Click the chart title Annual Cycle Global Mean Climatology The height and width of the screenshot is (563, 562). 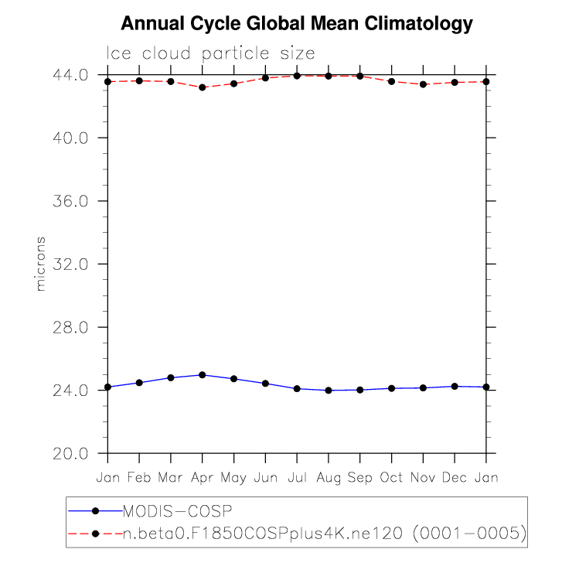click(x=297, y=24)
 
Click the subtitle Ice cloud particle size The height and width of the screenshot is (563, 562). click(x=210, y=53)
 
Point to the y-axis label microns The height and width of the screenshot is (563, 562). click(x=41, y=264)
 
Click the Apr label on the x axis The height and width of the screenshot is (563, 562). click(x=203, y=478)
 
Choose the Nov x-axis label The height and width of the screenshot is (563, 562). click(x=423, y=478)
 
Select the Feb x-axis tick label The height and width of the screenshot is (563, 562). click(x=139, y=478)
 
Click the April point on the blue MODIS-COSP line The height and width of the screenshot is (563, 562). click(x=203, y=375)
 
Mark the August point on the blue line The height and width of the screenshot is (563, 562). click(x=329, y=391)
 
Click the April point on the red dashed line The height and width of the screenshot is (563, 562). click(x=203, y=87)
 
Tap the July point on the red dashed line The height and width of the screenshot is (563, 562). click(x=297, y=76)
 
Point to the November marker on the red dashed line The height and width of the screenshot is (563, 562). click(x=423, y=84)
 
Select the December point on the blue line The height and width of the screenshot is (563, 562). click(x=455, y=386)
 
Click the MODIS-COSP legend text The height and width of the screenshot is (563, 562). click(x=179, y=510)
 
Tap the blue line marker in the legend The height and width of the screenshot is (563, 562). click(x=95, y=510)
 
